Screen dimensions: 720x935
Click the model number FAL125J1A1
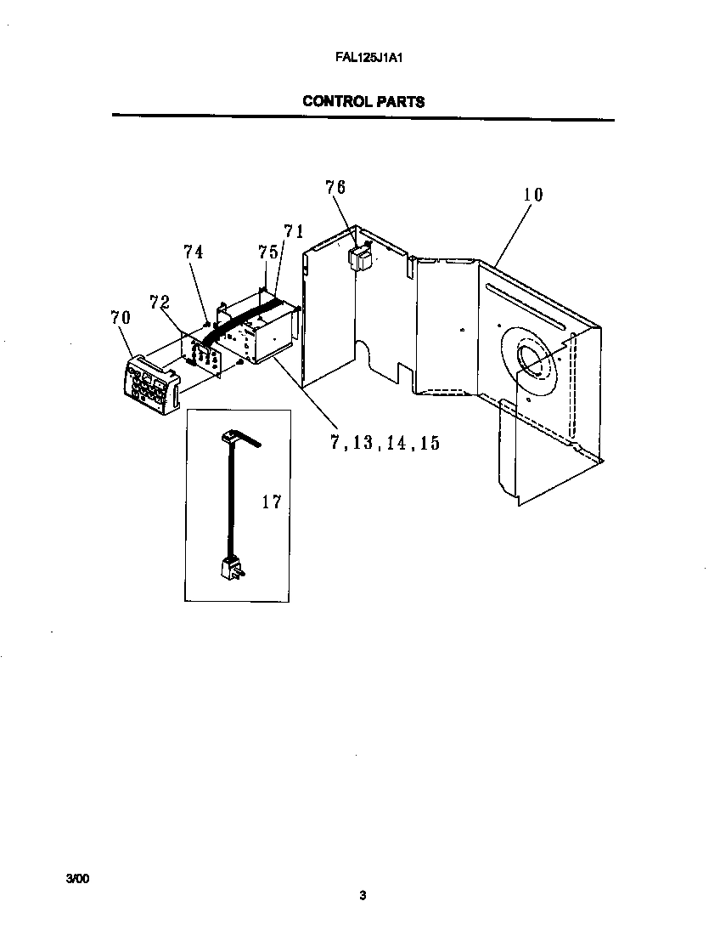363,60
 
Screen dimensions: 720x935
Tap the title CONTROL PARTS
363,101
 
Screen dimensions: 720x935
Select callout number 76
335,187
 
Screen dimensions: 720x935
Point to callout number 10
532,195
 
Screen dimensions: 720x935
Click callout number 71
294,231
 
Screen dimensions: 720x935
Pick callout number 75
268,252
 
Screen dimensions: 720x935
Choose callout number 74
194,252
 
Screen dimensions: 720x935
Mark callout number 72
159,302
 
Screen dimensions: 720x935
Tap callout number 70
121,319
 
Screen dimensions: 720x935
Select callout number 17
271,502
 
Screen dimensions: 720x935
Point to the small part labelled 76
362,257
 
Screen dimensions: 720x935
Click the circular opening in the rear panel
532,358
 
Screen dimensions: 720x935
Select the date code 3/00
76,878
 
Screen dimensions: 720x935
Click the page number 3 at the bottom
363,895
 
